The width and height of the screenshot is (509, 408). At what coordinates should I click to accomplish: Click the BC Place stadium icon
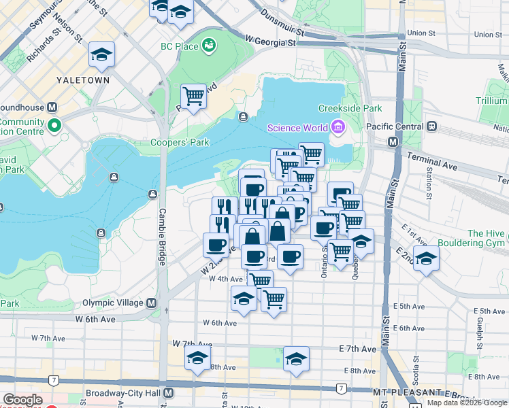[209, 46]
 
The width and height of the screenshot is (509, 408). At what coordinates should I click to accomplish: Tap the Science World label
[297, 127]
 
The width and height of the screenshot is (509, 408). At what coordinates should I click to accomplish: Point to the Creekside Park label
[350, 108]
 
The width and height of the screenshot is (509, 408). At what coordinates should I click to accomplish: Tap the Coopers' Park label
[180, 143]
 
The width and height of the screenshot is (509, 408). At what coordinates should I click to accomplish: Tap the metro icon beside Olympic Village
[151, 303]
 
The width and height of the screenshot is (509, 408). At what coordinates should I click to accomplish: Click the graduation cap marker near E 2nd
[426, 258]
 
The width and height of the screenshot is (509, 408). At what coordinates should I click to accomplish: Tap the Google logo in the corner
[22, 400]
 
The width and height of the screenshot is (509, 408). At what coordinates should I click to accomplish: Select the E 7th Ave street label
[357, 349]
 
